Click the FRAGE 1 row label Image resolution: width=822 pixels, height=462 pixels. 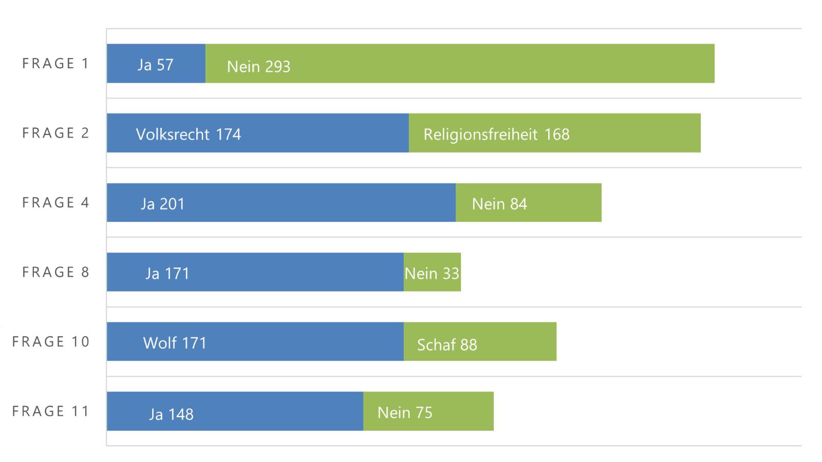pos(55,64)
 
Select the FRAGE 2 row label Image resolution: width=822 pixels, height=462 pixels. pos(55,133)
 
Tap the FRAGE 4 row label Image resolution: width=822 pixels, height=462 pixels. pos(55,203)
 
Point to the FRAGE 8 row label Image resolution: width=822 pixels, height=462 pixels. pos(55,272)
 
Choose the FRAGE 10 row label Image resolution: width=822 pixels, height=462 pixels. pos(51,342)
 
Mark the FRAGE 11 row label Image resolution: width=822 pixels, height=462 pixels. pos(51,411)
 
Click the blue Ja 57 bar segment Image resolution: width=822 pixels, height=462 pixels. pos(156,64)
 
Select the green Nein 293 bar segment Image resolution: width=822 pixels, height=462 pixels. pos(460,64)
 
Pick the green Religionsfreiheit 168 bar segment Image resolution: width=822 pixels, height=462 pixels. pos(555,133)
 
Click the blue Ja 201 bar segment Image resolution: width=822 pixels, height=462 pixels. pos(281,203)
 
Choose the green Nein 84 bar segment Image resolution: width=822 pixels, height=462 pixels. pos(529,203)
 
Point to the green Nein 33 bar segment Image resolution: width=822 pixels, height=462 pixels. pos(432,272)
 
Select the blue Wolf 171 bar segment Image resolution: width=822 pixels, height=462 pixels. pos(255,342)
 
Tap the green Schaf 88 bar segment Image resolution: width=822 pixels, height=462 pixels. pos(480,342)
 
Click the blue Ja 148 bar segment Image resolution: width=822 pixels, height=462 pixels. pos(235,411)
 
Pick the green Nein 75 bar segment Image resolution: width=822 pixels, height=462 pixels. pos(428,411)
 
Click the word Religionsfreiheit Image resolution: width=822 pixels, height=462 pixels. pos(480,134)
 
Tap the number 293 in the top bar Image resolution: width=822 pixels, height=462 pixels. pos(278,67)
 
